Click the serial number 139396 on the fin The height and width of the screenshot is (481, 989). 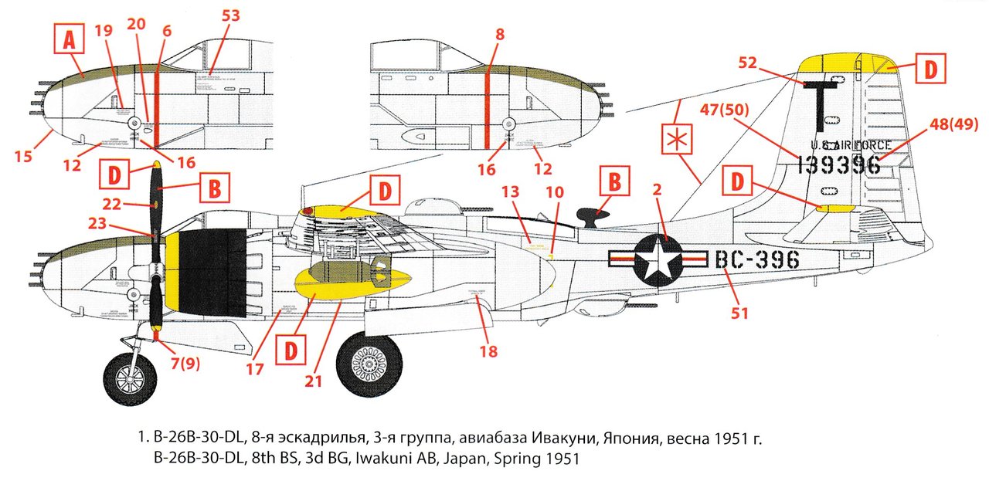(838, 164)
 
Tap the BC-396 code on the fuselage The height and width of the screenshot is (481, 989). (756, 260)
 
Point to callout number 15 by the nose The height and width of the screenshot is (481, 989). (22, 157)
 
